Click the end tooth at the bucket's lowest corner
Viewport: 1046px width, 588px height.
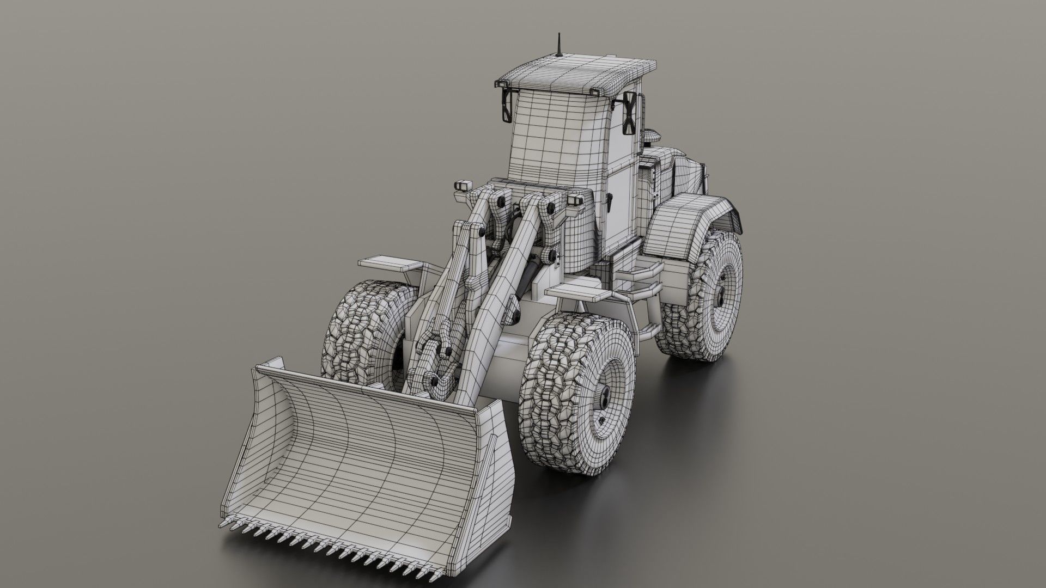click(x=222, y=523)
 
